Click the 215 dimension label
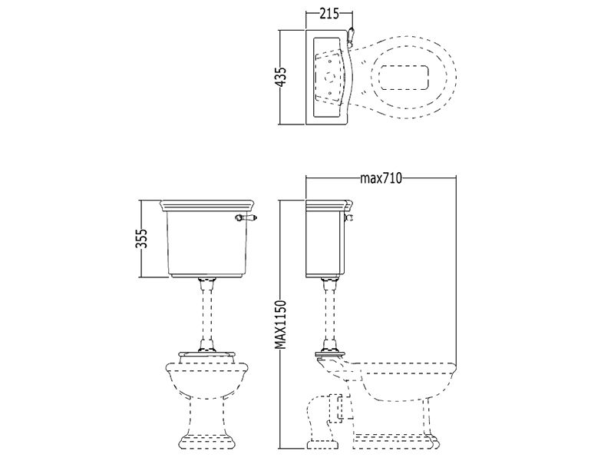(329, 14)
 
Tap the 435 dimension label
(281, 77)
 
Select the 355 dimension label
(141, 238)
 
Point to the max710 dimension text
(381, 178)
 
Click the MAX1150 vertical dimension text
(281, 324)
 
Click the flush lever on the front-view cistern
(246, 217)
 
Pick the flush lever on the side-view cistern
(348, 217)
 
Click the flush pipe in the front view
(206, 313)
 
